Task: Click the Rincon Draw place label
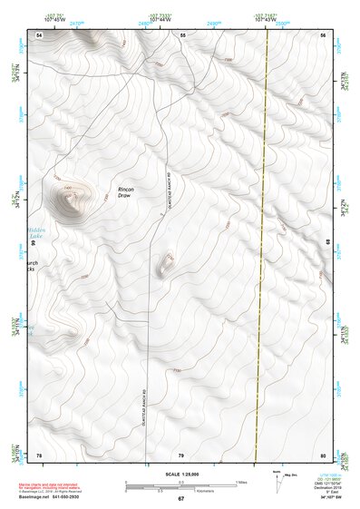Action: tap(125, 192)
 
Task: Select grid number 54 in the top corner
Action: tap(39, 34)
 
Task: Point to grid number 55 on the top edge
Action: tap(182, 34)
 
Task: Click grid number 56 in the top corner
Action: tap(323, 34)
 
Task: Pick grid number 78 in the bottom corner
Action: tap(39, 454)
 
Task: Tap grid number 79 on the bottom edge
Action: tap(181, 454)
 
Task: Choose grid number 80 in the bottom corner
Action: tap(323, 454)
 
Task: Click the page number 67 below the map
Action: tap(180, 499)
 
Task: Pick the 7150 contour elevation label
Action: tap(178, 371)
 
